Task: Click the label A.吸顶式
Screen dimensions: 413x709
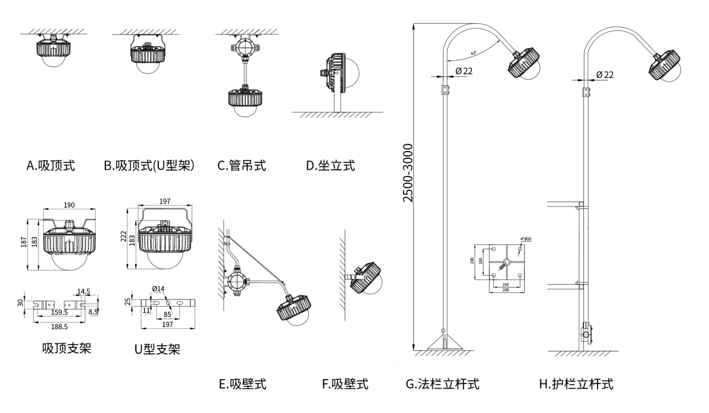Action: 50,166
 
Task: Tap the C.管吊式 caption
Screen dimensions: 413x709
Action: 242,166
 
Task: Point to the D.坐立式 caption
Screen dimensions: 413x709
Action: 330,166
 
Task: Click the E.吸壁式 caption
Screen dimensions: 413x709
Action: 243,385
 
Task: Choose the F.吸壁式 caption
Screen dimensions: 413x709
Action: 345,385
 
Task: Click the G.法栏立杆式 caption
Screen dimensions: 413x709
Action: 442,385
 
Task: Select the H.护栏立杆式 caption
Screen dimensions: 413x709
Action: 576,385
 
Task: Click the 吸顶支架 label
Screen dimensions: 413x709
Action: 67,348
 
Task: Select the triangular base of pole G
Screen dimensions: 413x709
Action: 444,343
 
